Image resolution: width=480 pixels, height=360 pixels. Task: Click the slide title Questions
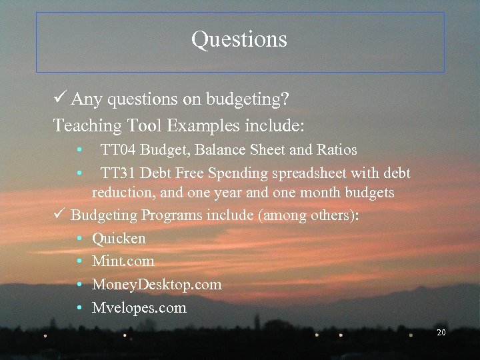pyautogui.click(x=239, y=39)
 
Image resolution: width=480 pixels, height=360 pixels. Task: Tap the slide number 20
pyautogui.click(x=441, y=332)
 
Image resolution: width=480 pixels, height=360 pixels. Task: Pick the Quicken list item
pyautogui.click(x=119, y=238)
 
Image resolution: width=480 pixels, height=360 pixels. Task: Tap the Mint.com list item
pyautogui.click(x=123, y=261)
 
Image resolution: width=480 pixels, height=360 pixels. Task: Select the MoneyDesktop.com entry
pyautogui.click(x=157, y=285)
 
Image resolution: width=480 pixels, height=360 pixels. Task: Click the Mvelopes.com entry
pyautogui.click(x=139, y=308)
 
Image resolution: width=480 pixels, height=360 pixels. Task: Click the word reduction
pyautogui.click(x=121, y=193)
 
